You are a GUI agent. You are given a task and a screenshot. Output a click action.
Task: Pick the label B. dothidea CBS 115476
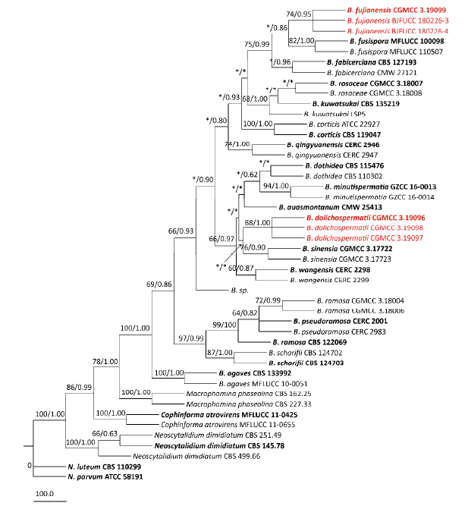pos(341,165)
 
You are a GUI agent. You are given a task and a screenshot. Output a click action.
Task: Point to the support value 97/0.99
pos(191,336)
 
